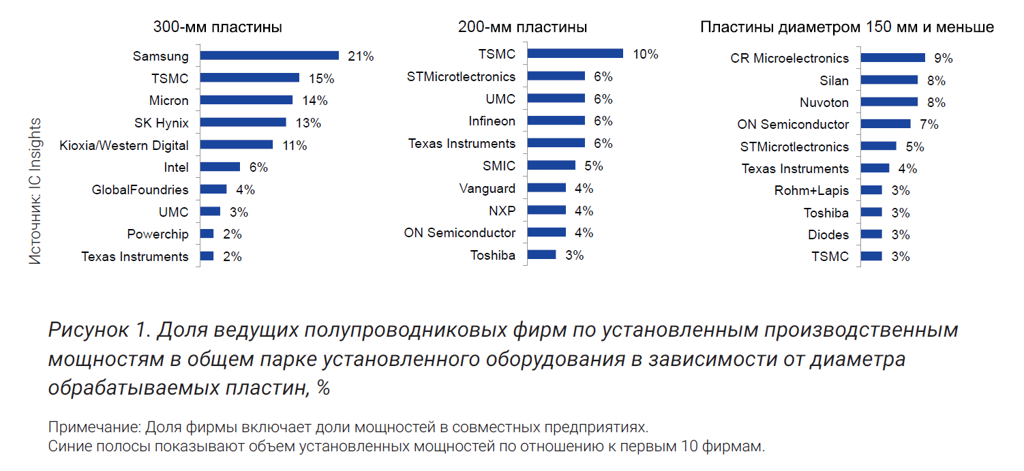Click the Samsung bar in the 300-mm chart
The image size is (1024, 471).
click(x=269, y=56)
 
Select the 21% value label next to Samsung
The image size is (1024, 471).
click(x=361, y=57)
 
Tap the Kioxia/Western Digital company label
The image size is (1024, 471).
click(x=124, y=145)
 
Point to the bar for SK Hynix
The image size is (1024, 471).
click(x=243, y=123)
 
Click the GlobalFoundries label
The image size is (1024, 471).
click(x=140, y=189)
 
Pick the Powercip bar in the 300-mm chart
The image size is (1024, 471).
click(x=207, y=234)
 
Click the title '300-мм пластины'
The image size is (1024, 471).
click(x=217, y=28)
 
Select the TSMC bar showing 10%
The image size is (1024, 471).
click(x=575, y=54)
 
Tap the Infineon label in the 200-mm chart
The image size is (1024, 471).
click(x=492, y=121)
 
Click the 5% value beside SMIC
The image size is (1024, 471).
click(x=594, y=166)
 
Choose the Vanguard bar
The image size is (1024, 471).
click(x=547, y=188)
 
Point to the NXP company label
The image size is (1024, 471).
click(x=502, y=211)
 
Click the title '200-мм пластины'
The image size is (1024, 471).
click(x=522, y=28)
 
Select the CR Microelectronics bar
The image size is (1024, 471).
click(x=892, y=58)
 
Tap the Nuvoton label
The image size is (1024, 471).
click(x=824, y=103)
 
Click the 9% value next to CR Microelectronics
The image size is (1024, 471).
click(x=944, y=59)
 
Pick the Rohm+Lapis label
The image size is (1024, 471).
click(x=811, y=191)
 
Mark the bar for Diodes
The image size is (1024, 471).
click(x=871, y=234)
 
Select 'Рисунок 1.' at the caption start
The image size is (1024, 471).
click(x=98, y=330)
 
